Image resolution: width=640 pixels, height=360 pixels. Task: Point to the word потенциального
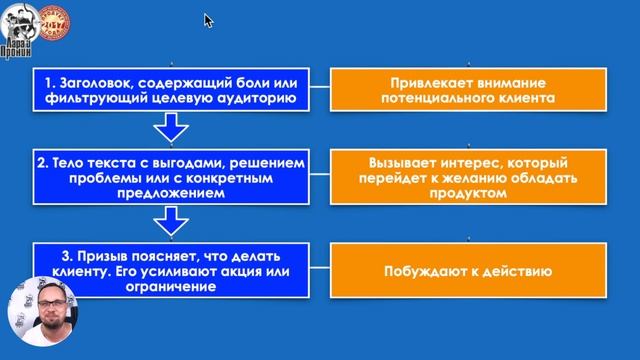[x=438, y=100]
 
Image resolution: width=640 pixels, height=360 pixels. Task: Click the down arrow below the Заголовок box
[x=172, y=127]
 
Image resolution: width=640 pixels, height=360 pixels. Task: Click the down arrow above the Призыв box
[x=172, y=220]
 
